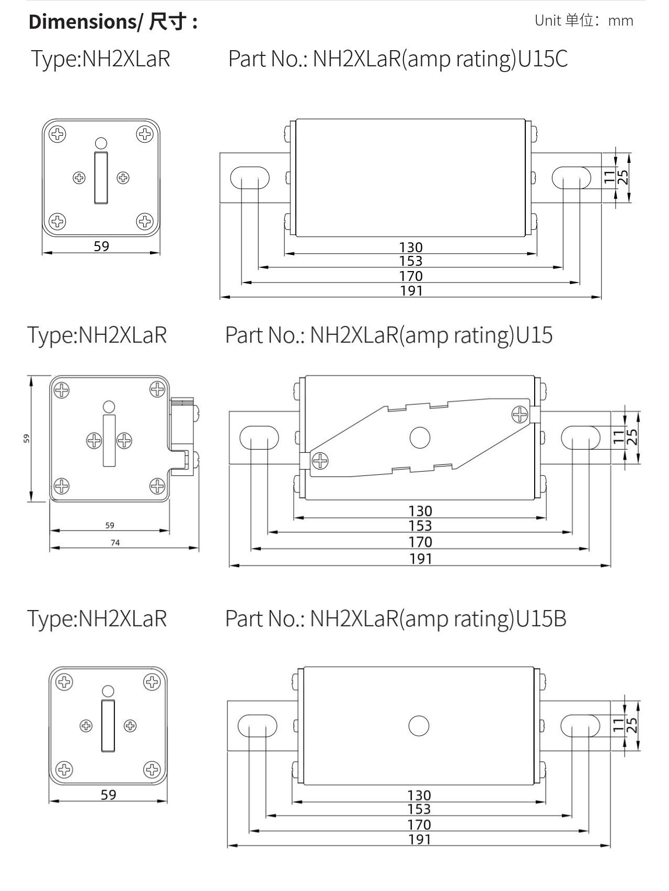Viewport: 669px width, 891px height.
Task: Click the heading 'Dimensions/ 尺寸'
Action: (113, 22)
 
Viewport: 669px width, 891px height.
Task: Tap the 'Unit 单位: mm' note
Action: (583, 21)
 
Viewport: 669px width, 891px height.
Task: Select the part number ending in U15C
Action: (398, 58)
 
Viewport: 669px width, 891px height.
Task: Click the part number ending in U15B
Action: (396, 618)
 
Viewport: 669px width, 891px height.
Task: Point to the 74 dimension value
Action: (115, 543)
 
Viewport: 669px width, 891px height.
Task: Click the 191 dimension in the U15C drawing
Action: (411, 291)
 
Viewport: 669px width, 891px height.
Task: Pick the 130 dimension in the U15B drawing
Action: (419, 795)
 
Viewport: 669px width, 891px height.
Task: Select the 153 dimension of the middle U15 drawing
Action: (420, 526)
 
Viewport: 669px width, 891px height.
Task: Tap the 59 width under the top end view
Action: (101, 246)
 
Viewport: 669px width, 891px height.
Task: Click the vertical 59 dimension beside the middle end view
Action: (26, 438)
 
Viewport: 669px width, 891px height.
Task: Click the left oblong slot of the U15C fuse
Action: (250, 178)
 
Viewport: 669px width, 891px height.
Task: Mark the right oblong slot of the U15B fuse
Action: (580, 726)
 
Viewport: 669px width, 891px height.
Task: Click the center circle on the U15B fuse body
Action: (419, 726)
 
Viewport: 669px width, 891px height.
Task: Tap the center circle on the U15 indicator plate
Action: (420, 438)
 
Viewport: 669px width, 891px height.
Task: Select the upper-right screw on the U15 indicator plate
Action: (520, 415)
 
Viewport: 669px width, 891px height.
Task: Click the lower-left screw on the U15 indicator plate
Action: (320, 461)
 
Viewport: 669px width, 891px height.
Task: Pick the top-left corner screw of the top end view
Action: (57, 134)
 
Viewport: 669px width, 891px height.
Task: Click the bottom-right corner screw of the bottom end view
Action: (152, 769)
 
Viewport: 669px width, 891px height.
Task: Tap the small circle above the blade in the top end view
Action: (101, 143)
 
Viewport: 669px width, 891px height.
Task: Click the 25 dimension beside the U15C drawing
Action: (623, 178)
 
